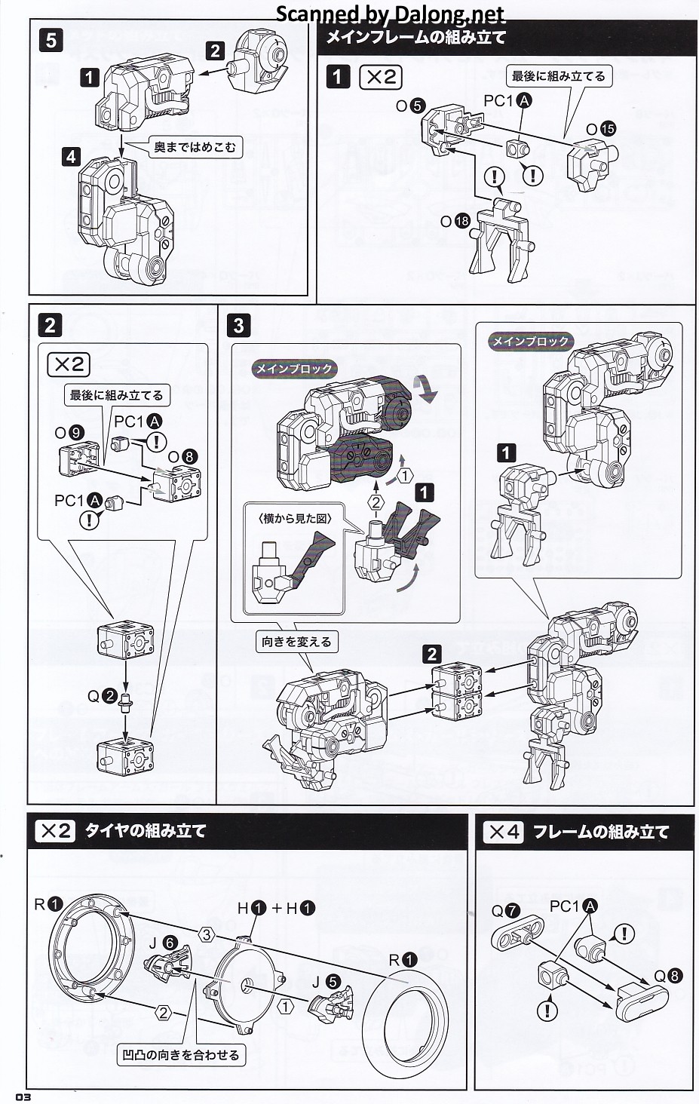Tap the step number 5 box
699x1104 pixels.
51,39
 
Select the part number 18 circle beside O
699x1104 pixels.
462,221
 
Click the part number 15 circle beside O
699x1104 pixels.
608,129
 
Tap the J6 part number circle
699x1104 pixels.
171,943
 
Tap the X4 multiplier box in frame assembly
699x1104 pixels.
504,832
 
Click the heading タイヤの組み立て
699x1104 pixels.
146,831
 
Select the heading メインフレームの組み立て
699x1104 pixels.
415,36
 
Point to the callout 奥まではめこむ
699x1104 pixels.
195,147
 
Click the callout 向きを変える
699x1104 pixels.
296,642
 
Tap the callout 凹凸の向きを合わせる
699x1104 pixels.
181,1054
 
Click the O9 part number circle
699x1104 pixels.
75,433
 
